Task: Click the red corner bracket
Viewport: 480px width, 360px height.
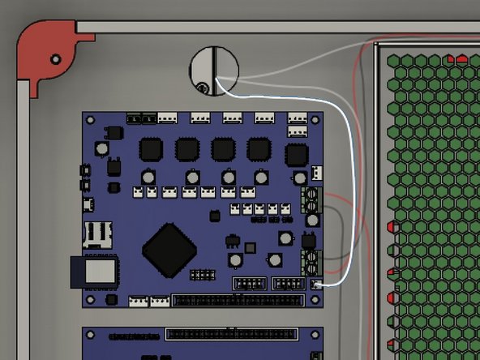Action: point(41,51)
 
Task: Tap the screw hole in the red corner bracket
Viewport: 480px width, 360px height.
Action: point(55,59)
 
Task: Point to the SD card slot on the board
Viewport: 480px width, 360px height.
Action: point(97,234)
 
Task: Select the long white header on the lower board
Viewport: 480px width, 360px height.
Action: point(231,333)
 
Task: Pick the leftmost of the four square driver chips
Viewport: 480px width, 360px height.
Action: point(151,149)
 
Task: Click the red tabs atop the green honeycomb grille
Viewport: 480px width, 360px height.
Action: point(456,58)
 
